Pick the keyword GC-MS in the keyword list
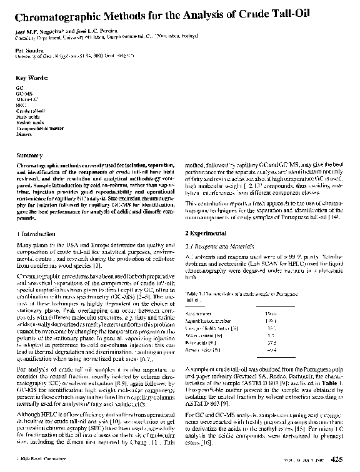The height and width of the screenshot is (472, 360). pos(24,94)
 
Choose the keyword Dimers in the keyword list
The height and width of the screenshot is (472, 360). pos(24,134)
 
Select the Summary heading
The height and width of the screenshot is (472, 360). pos(29,154)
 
